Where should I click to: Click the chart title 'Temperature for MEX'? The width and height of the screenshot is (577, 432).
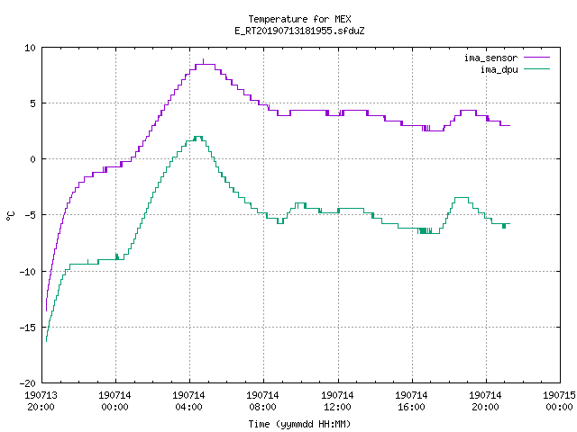point(299,19)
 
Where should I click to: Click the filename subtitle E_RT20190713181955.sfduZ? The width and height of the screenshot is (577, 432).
point(299,31)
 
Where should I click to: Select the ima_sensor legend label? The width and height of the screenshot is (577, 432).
point(490,58)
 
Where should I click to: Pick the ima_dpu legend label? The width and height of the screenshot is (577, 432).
point(499,69)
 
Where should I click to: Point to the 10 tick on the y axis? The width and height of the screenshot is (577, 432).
point(30,48)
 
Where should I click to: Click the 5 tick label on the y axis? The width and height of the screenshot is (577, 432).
point(33,103)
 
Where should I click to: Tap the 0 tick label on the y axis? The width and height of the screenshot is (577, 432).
point(33,159)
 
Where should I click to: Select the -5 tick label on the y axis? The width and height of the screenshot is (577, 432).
point(30,215)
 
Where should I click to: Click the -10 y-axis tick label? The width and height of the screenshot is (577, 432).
point(28,272)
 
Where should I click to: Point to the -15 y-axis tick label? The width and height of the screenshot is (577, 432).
point(28,328)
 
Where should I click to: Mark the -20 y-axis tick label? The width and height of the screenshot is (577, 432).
point(28,383)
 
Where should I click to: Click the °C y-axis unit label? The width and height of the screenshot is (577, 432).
point(10,216)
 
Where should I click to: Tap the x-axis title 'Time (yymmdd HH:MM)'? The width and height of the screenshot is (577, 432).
point(299,424)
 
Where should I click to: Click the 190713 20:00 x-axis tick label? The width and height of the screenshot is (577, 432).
point(41,401)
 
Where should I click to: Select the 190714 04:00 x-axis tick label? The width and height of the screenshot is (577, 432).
point(189,401)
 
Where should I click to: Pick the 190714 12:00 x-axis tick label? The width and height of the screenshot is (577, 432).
point(337,401)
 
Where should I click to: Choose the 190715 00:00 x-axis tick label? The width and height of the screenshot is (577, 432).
point(559,401)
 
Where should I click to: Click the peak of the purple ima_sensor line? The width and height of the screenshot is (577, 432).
point(204,59)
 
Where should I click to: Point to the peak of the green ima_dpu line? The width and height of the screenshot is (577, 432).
point(198,137)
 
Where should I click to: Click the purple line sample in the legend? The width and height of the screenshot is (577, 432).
point(537,58)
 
